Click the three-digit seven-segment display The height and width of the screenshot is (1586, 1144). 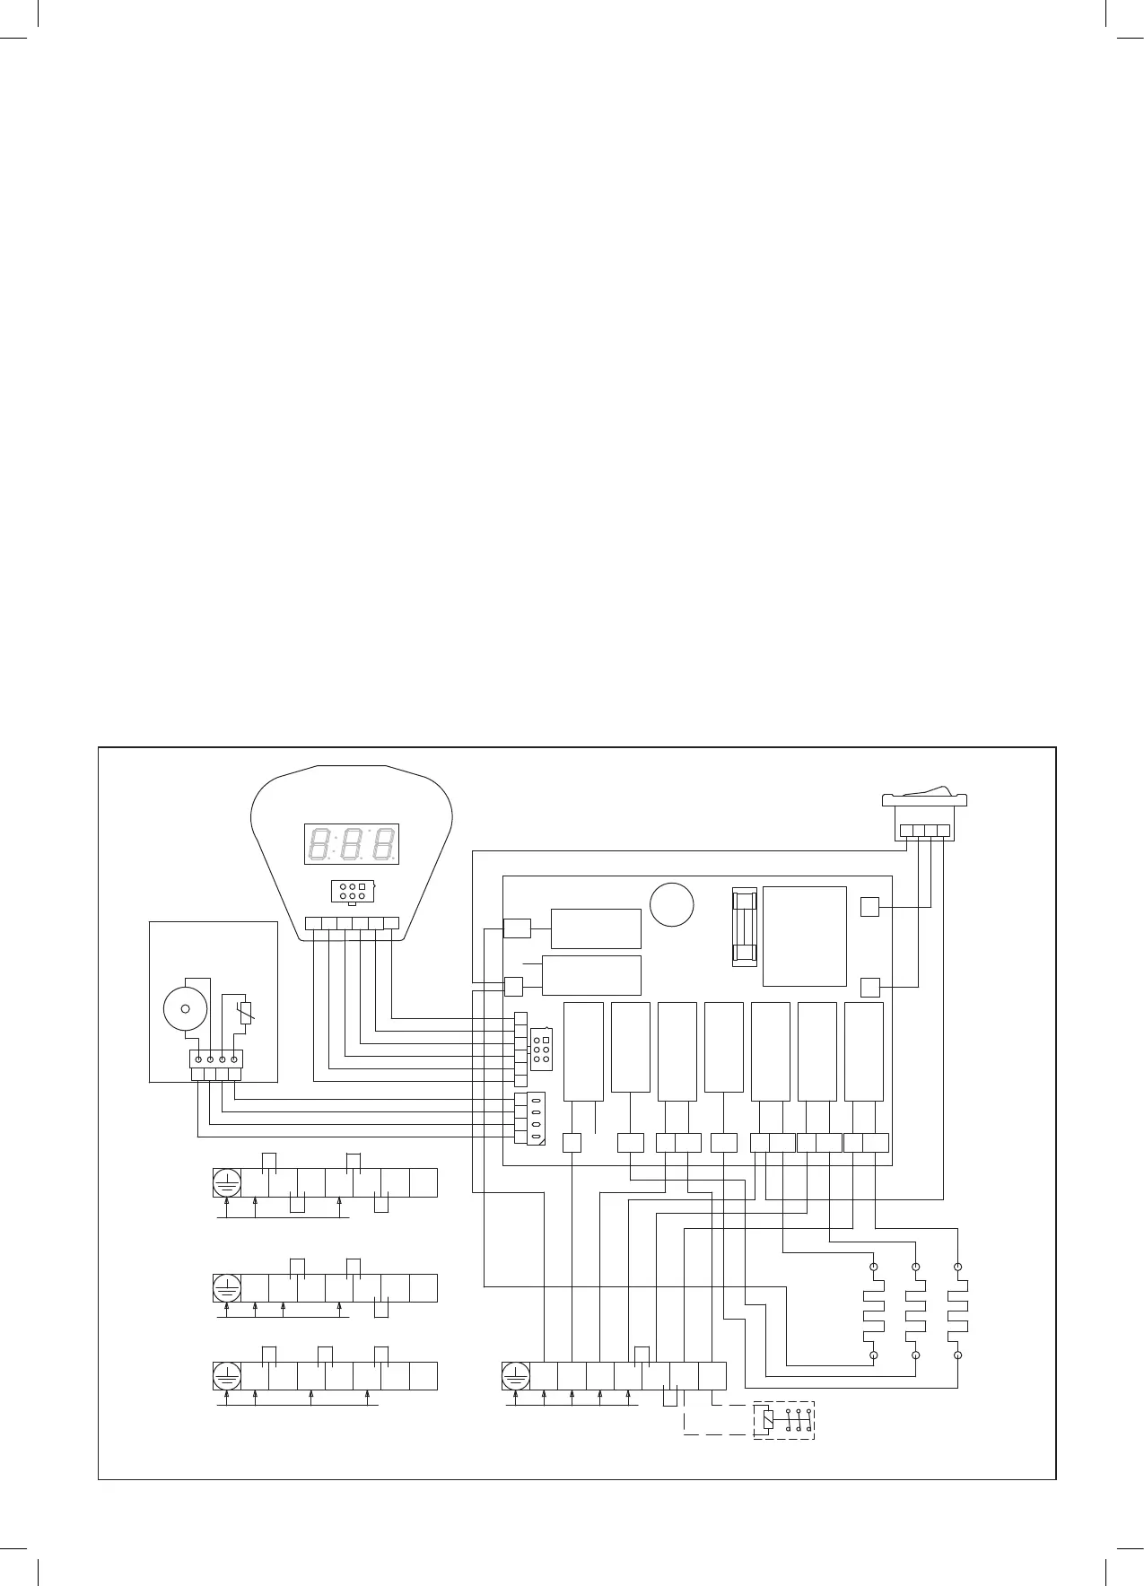pyautogui.click(x=352, y=844)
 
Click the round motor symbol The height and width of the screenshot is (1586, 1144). pyautogui.click(x=186, y=1008)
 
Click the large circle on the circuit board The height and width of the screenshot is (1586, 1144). pyautogui.click(x=672, y=904)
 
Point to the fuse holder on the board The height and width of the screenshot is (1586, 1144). pyautogui.click(x=745, y=928)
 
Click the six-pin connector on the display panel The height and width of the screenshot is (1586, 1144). pyautogui.click(x=353, y=892)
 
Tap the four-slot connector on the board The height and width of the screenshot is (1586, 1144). pyautogui.click(x=536, y=1119)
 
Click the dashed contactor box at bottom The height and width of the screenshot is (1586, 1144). pyautogui.click(x=783, y=1420)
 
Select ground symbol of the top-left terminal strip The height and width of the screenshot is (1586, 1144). pyautogui.click(x=227, y=1183)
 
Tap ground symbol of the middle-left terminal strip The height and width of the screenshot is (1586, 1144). pyautogui.click(x=227, y=1288)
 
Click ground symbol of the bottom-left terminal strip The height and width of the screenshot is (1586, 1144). pyautogui.click(x=227, y=1376)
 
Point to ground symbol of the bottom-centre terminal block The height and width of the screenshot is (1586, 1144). pyautogui.click(x=515, y=1376)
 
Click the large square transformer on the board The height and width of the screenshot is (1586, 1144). pyautogui.click(x=805, y=937)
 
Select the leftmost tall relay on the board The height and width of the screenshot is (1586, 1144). pyautogui.click(x=583, y=1051)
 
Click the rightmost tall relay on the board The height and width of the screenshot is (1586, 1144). pyautogui.click(x=864, y=1051)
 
